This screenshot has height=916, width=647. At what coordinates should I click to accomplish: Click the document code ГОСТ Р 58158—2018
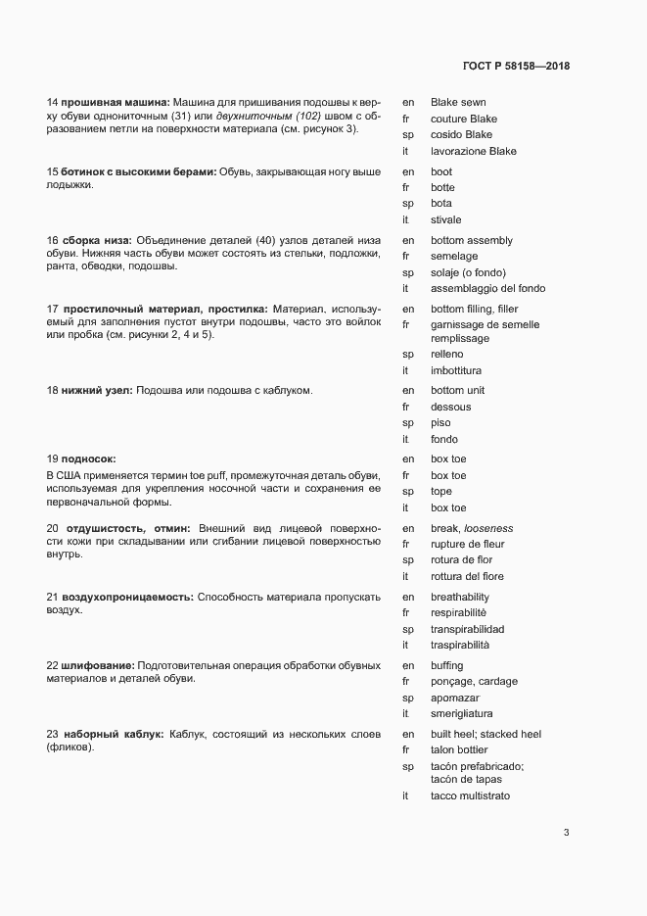tap(515, 67)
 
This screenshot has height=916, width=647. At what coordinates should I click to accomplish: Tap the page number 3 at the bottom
tap(566, 833)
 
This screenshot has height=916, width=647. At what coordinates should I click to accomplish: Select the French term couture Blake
tap(464, 119)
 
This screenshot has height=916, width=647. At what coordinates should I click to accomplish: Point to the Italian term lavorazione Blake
tap(473, 151)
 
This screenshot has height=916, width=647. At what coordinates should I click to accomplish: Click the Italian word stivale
tap(445, 219)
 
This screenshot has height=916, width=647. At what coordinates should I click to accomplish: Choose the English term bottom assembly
tap(471, 240)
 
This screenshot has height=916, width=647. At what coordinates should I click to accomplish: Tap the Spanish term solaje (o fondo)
tap(468, 272)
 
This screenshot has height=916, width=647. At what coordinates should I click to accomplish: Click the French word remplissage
tap(460, 338)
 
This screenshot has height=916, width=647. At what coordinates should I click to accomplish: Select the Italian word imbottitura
tap(456, 370)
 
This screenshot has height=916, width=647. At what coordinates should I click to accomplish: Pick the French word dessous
tap(450, 407)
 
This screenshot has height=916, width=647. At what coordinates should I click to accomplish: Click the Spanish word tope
tap(441, 491)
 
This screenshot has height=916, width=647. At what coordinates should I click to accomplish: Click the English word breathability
tap(459, 597)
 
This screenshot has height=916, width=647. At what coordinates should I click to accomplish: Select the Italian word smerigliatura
tap(461, 714)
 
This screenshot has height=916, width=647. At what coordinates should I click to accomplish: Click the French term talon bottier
tap(460, 750)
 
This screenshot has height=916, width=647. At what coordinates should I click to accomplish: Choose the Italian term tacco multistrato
tap(470, 796)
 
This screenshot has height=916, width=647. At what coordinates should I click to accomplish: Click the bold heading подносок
tap(88, 458)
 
